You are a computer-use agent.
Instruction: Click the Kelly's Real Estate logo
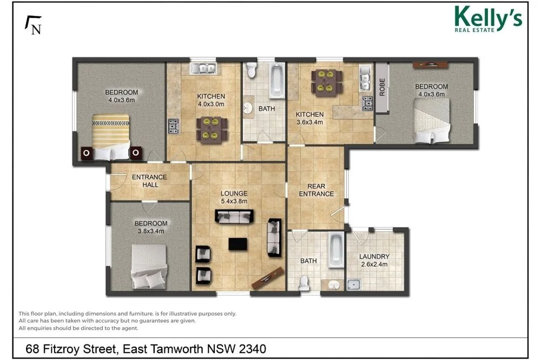point(488,19)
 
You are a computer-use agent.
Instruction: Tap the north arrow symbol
point(34,25)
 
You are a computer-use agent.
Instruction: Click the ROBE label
point(382,87)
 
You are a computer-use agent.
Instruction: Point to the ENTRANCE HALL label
point(150,181)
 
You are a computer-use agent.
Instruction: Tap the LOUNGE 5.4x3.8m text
point(234,197)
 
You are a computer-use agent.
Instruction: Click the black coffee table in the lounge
point(236,244)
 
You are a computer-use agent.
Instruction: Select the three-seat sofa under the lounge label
point(235,217)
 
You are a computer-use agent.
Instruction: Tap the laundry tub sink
point(354,285)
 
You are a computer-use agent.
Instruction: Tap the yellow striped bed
point(111,135)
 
